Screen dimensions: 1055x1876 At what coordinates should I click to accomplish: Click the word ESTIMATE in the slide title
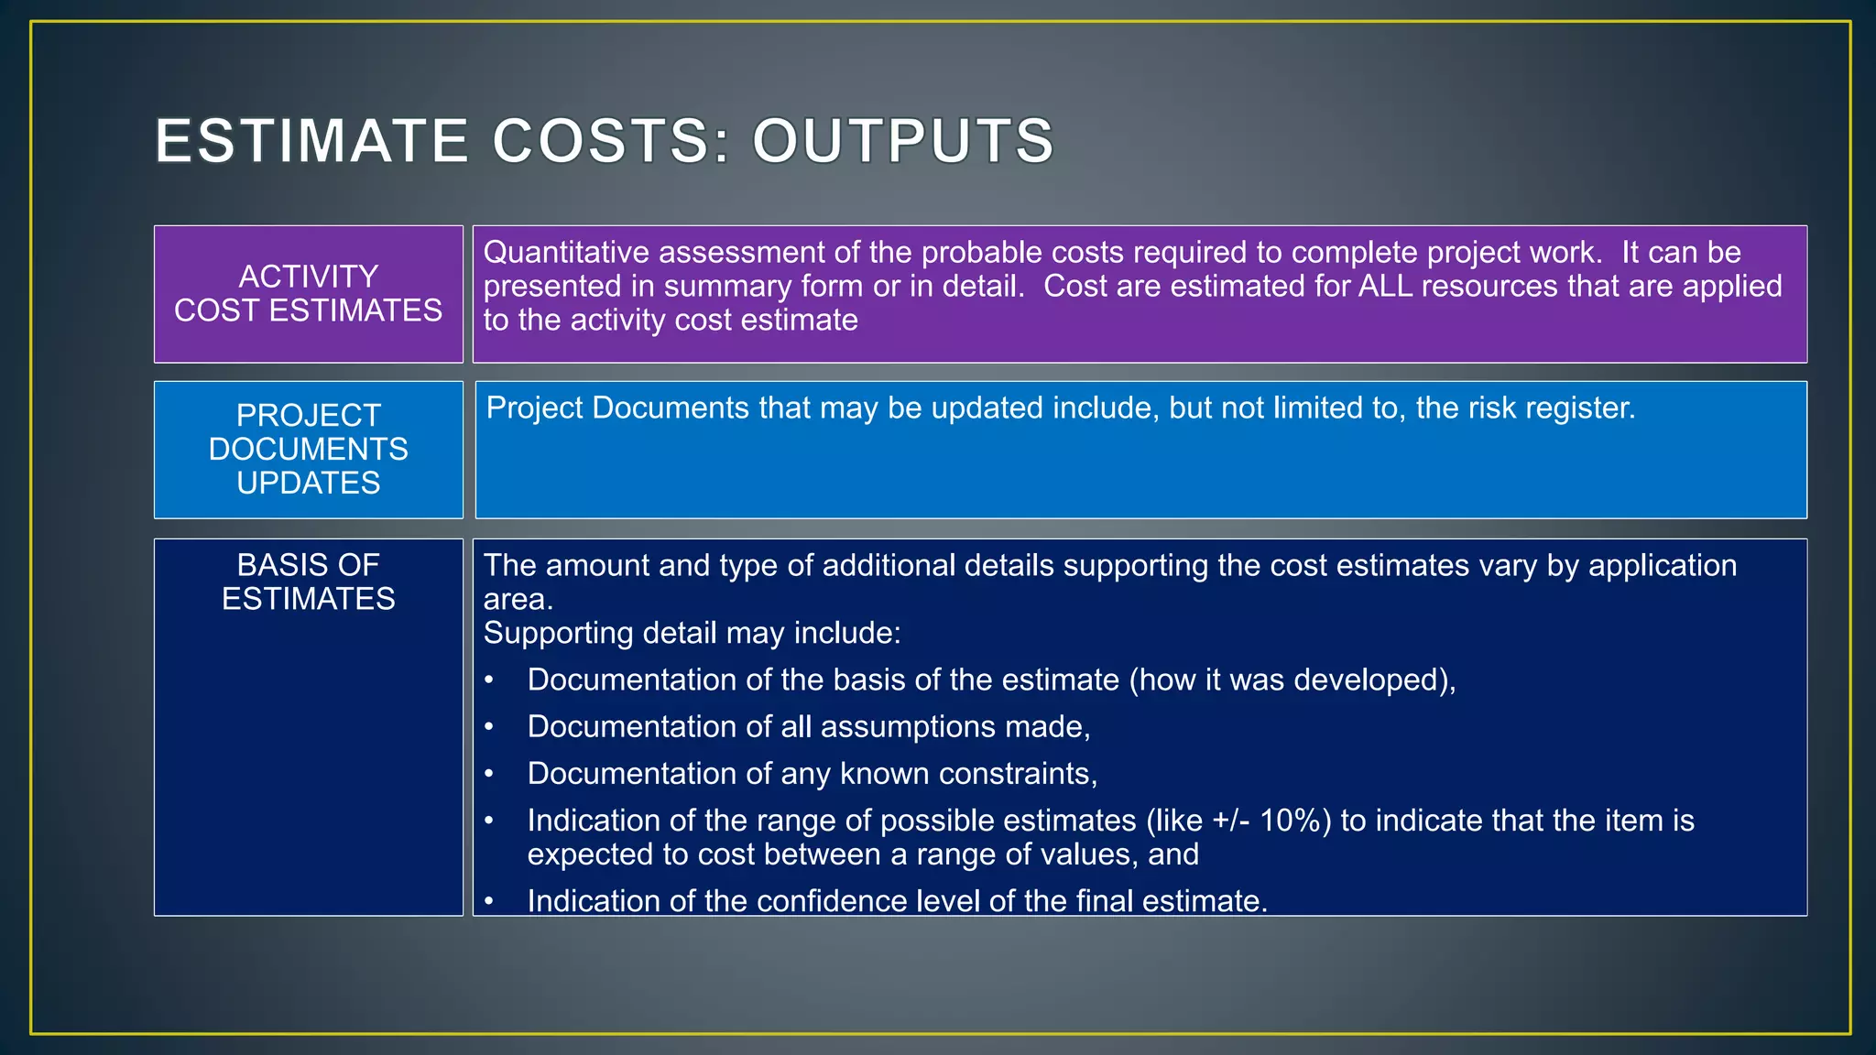coord(311,141)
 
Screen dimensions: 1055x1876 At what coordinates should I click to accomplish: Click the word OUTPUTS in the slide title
coord(903,141)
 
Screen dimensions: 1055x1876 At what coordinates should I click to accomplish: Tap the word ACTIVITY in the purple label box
coord(309,277)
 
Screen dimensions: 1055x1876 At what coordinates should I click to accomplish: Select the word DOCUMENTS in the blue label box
coord(309,449)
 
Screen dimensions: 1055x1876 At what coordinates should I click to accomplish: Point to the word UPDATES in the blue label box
coord(309,483)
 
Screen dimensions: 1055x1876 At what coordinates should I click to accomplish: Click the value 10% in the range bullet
coord(1294,821)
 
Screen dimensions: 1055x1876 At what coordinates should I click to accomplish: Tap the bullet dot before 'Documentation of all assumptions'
coord(489,727)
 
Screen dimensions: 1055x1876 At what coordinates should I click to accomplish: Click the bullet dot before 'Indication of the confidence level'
coord(489,901)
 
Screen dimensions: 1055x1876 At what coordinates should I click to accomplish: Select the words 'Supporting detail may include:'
coord(692,634)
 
